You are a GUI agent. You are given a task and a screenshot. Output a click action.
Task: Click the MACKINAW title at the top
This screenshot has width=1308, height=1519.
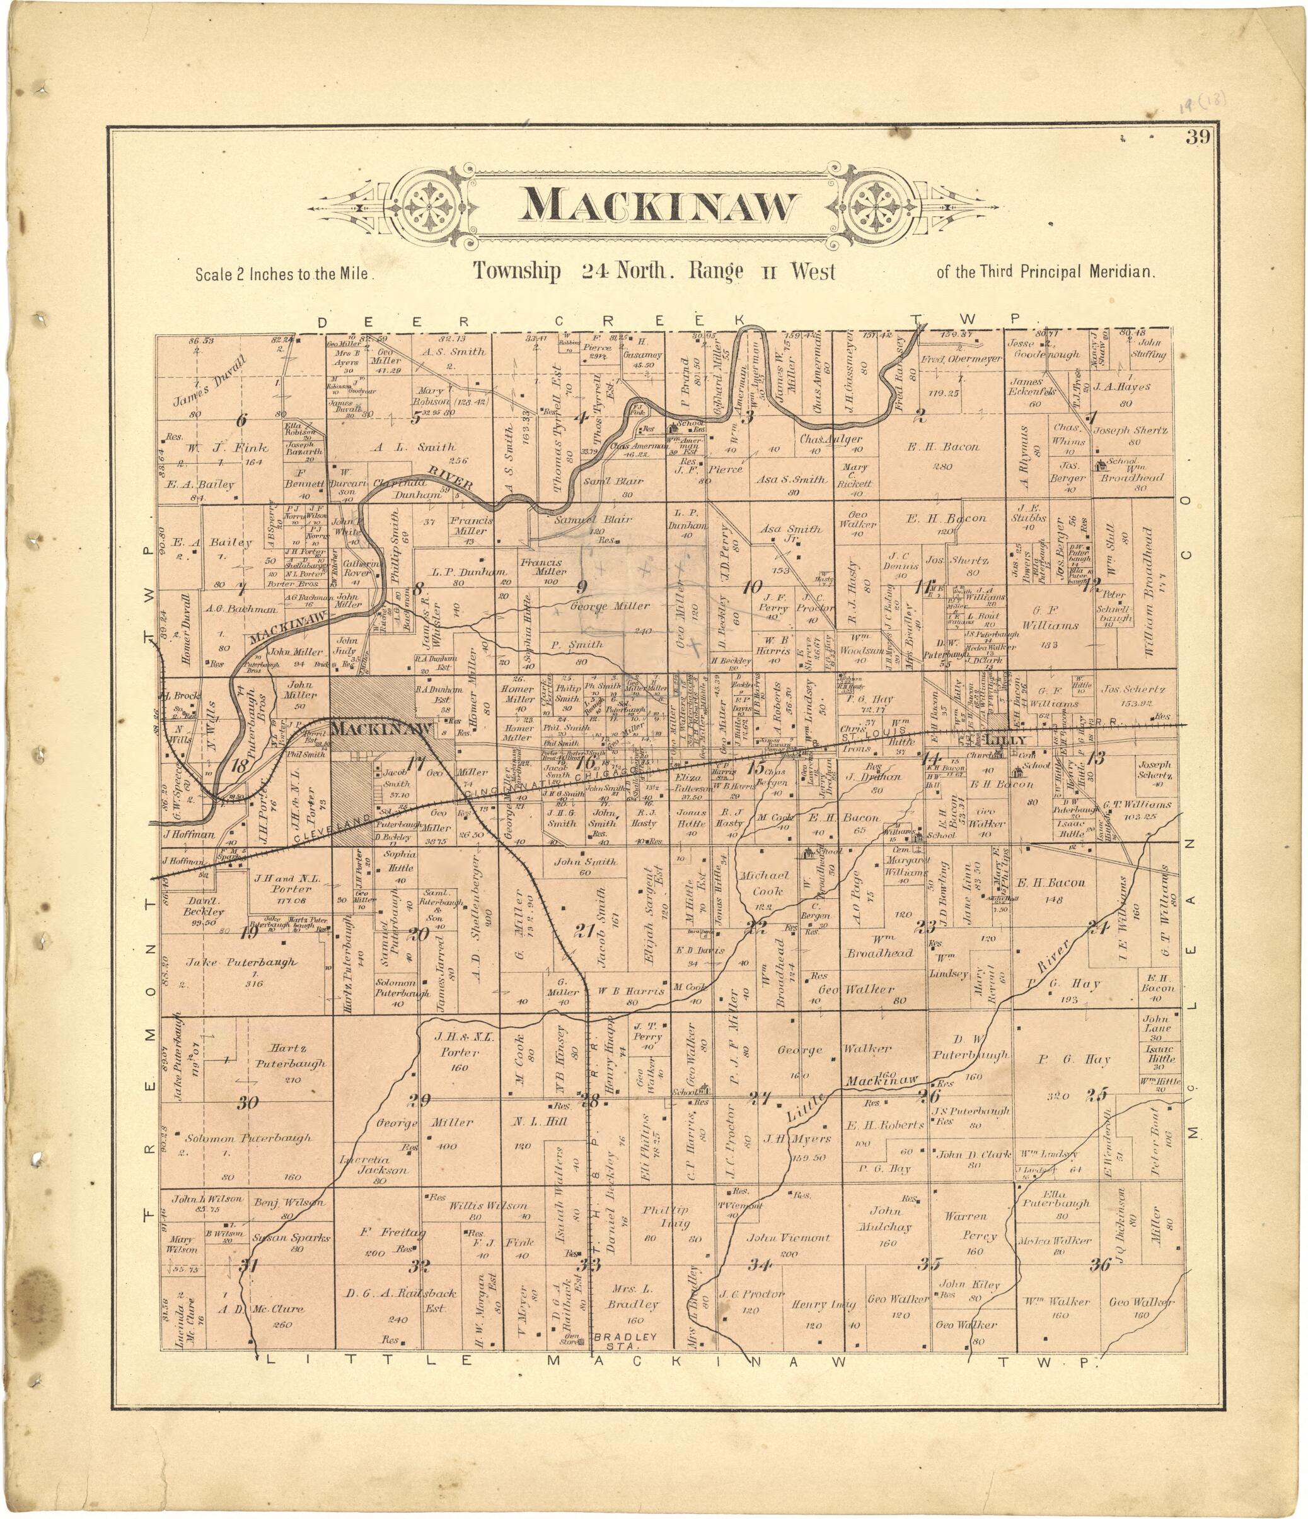point(657,205)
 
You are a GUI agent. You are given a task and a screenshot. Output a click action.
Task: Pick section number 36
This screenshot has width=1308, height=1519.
point(1100,1264)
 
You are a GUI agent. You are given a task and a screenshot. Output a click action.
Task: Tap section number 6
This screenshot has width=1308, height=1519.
point(241,421)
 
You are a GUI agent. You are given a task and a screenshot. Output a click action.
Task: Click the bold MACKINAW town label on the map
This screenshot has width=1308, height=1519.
point(380,729)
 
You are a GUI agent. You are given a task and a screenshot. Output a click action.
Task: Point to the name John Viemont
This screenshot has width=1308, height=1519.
point(789,1238)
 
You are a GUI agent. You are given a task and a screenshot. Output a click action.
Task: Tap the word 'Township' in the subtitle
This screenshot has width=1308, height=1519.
point(517,272)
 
